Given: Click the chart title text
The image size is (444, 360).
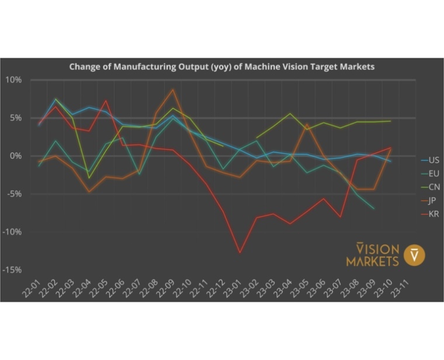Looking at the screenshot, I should pos(221,67).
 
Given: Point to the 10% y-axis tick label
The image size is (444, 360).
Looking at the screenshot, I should pos(14,80).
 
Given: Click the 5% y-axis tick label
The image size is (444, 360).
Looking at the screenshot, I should pos(16,118).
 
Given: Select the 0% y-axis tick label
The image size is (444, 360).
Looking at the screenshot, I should pos(16,156).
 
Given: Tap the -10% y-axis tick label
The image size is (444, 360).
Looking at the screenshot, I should pos(13,232).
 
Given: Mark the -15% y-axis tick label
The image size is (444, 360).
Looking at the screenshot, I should pos(13,270).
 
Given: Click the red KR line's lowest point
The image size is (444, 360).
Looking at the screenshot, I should pos(240,253).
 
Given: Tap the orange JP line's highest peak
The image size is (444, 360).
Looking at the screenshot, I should pos(173,89).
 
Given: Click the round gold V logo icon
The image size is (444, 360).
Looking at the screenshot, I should pos(415,255).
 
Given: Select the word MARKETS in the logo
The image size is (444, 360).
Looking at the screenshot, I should pos(372,261).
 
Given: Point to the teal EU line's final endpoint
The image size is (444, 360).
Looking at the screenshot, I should pos(374,209).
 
